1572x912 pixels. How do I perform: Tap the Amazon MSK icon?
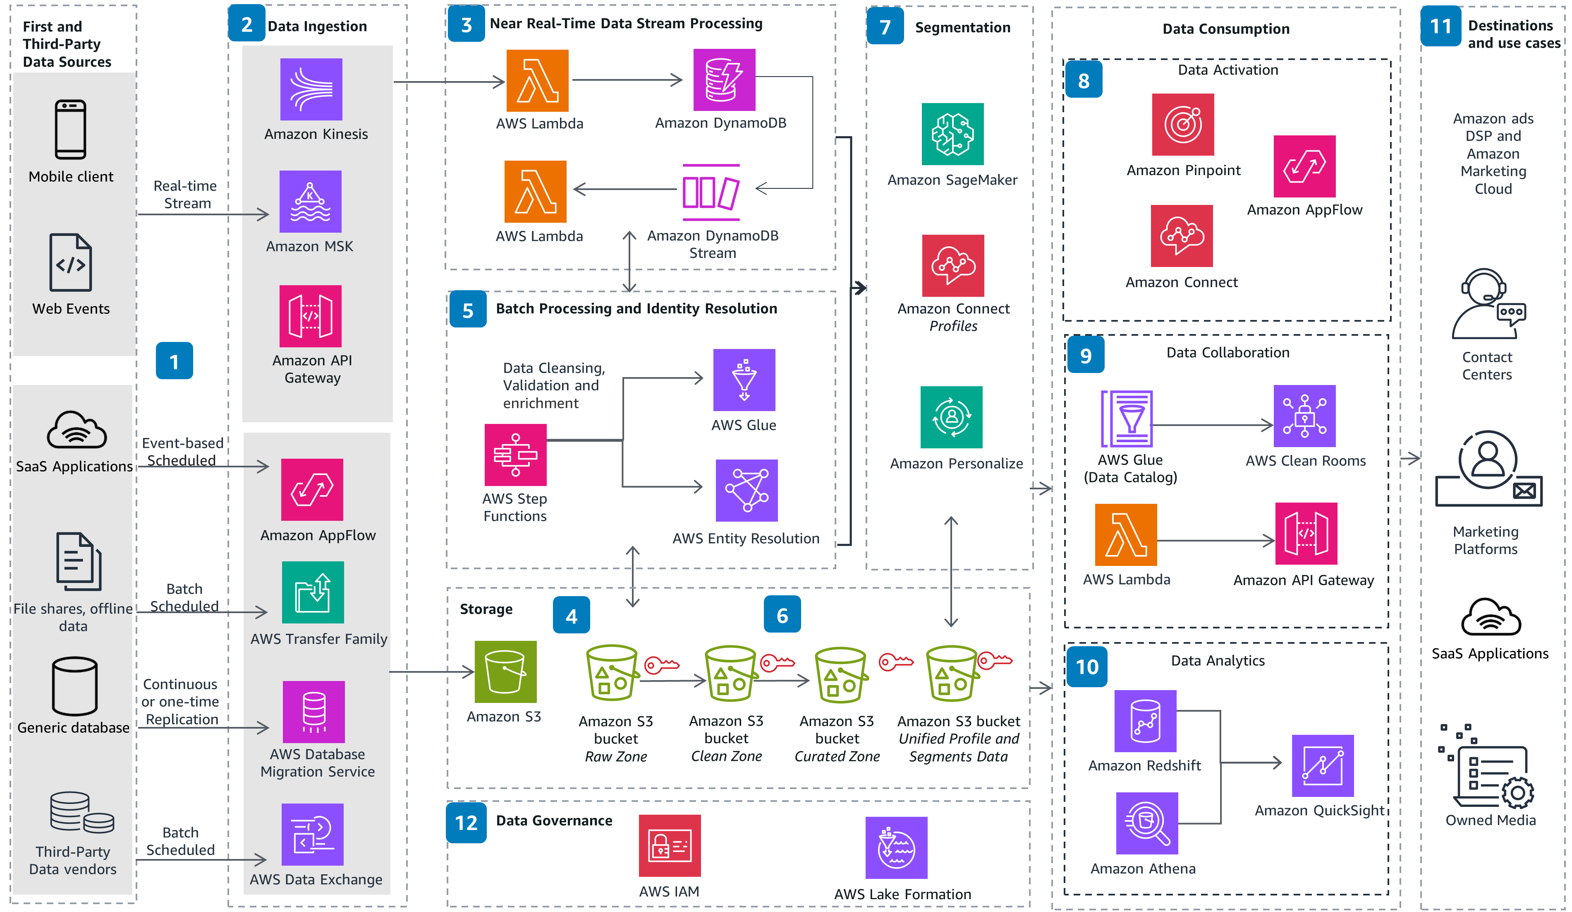310,201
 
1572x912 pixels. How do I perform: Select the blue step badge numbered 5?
468,310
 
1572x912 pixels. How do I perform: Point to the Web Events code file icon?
70,262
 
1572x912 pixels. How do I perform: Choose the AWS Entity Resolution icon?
746,490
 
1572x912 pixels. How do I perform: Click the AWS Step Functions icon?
515,455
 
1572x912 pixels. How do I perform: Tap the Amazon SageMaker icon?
952,134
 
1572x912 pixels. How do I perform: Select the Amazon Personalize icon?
951,416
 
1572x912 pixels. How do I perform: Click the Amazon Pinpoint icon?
1183,124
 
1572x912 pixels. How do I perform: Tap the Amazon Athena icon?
1146,823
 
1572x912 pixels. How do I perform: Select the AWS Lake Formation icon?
896,847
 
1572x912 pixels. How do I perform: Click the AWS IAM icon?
669,845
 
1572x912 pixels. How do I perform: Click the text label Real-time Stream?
186,194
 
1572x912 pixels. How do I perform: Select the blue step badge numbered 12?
466,823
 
